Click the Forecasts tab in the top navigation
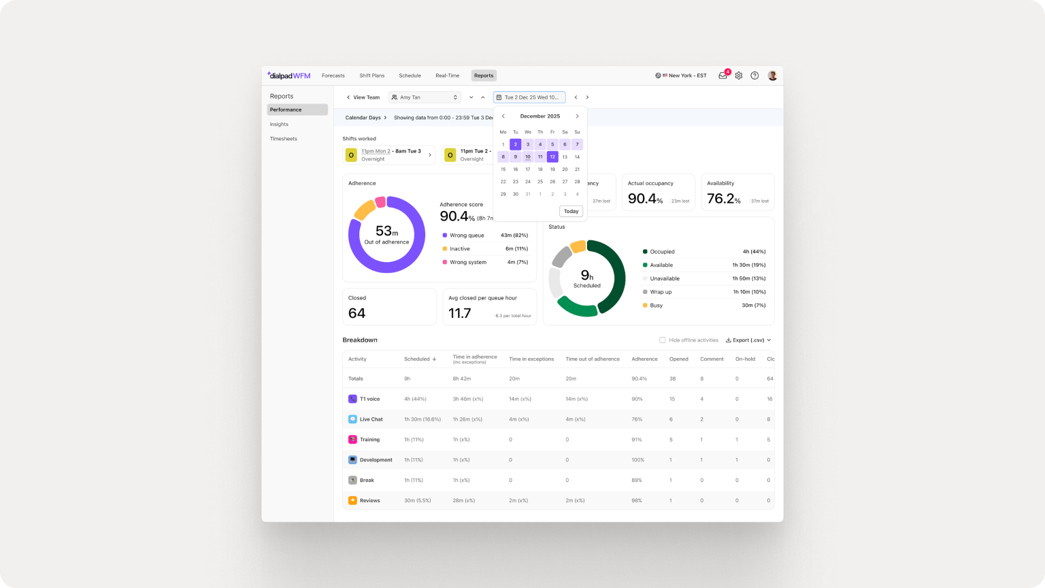333,76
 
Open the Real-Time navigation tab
447,76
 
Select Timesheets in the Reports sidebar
283,139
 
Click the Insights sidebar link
279,125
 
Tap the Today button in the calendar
571,211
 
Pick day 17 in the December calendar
528,169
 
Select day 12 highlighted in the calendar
552,157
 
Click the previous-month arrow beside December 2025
503,116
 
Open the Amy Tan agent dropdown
425,97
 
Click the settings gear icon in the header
739,76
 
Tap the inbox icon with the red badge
723,76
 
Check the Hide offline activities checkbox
662,340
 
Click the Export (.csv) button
748,340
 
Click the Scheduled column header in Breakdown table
417,359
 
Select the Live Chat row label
371,419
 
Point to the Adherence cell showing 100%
637,460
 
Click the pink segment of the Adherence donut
380,201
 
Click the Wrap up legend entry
661,292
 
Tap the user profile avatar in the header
772,76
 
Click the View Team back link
363,97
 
